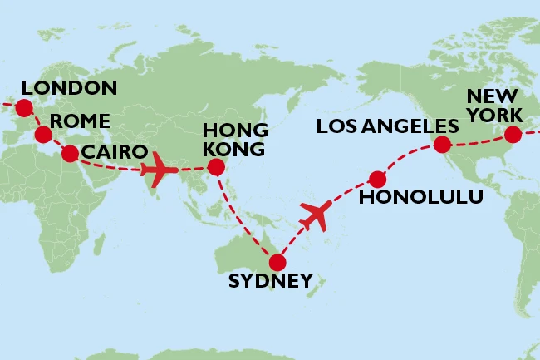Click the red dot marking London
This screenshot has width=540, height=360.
(23, 107)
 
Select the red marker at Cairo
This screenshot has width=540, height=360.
(70, 153)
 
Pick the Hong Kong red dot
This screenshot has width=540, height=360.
(216, 167)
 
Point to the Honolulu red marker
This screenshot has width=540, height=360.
(377, 178)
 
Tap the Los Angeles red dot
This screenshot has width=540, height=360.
(442, 145)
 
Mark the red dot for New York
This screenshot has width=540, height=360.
(513, 133)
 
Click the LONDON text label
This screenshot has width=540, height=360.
(69, 88)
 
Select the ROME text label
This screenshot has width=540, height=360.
(79, 121)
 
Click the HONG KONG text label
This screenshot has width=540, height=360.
(236, 140)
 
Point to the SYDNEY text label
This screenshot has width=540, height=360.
(271, 281)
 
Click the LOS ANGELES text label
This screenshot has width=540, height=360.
(387, 126)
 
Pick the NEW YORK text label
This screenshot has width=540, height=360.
(493, 104)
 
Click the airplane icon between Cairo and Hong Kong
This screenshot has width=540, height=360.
(160, 171)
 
